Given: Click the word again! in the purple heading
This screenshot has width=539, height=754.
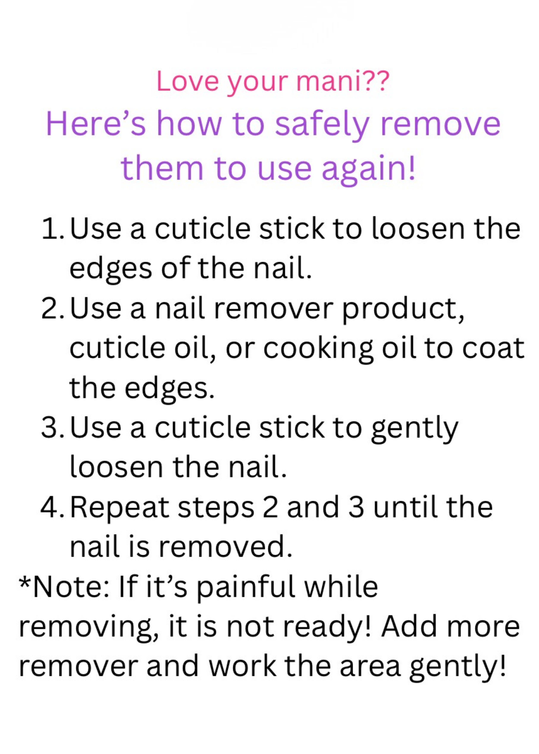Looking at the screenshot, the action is coord(369,170).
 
